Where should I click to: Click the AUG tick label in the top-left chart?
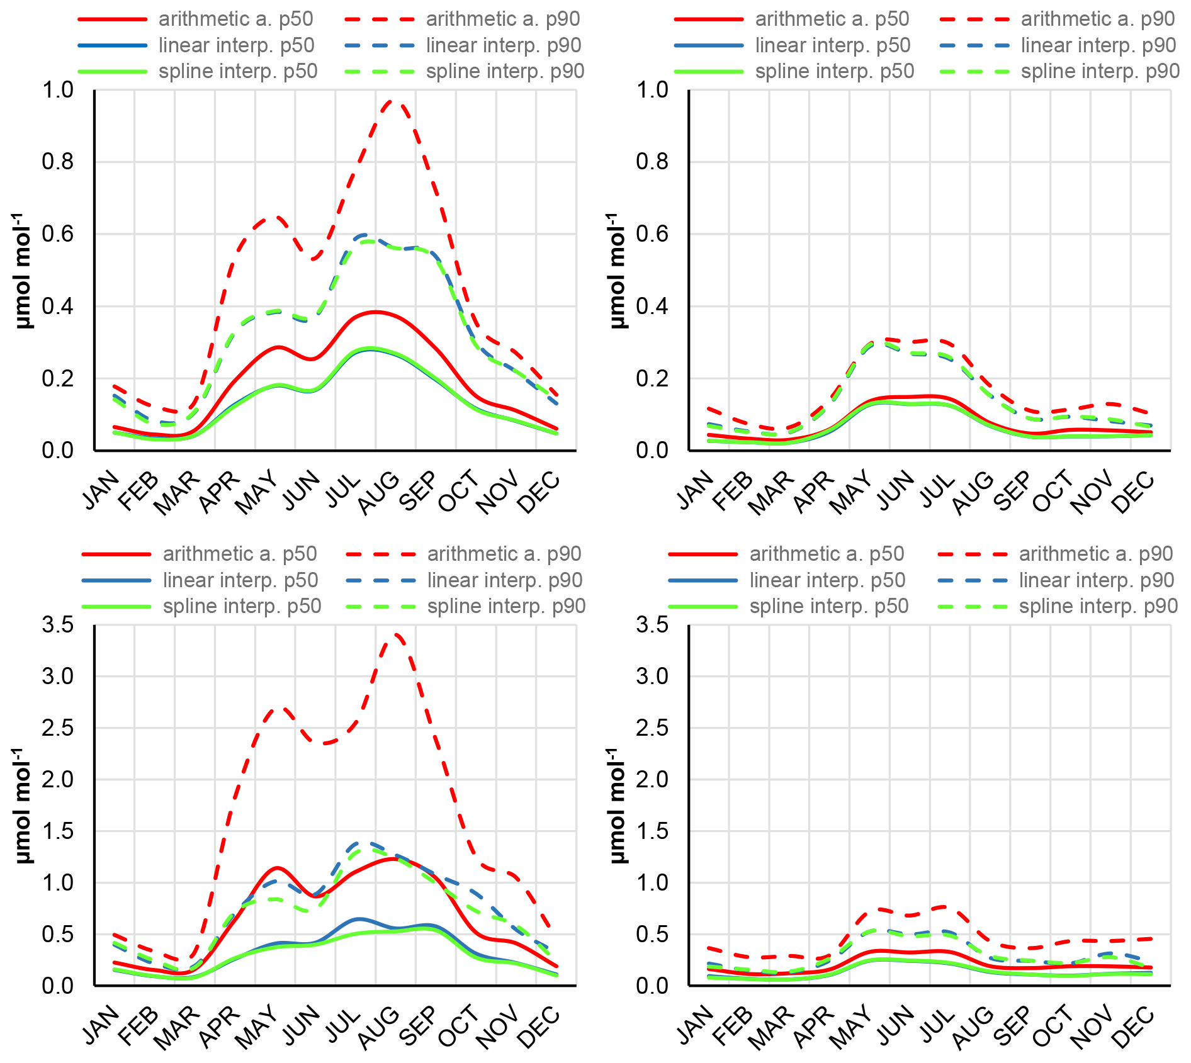(x=379, y=492)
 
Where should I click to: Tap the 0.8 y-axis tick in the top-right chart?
(x=652, y=162)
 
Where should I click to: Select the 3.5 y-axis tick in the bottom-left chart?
(x=57, y=625)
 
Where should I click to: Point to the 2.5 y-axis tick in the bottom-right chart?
(x=652, y=728)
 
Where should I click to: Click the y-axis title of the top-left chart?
(x=23, y=271)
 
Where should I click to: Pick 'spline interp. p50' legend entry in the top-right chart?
(x=834, y=72)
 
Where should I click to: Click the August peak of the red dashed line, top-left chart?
(x=393, y=101)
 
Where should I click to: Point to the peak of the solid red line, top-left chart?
(x=375, y=312)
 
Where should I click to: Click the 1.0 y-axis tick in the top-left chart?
(x=57, y=90)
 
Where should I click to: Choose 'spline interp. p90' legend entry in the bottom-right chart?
(x=1098, y=607)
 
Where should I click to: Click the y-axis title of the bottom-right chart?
(x=618, y=806)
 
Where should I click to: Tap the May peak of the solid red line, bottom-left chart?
(x=276, y=868)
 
